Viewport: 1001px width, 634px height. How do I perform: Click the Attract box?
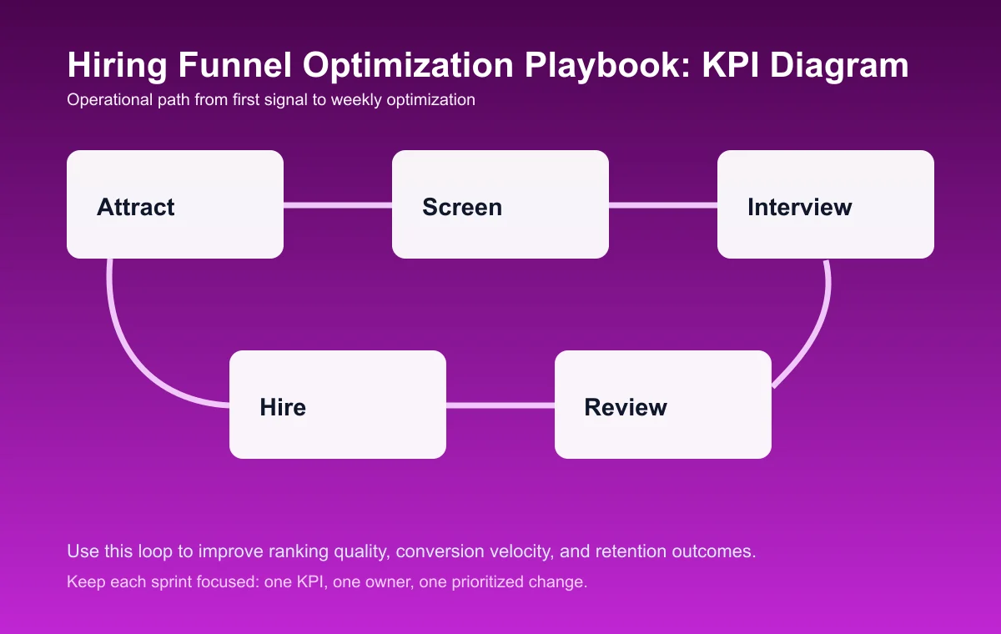(175, 204)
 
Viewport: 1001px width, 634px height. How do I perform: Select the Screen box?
(500, 204)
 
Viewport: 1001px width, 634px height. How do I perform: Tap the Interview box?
(826, 204)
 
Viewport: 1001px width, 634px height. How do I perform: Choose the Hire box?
(338, 405)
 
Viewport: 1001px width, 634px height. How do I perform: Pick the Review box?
(663, 405)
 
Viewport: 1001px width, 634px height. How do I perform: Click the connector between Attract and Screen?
(338, 204)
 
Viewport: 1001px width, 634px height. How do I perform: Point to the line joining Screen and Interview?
(663, 204)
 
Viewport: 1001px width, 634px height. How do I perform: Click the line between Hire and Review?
(500, 405)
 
